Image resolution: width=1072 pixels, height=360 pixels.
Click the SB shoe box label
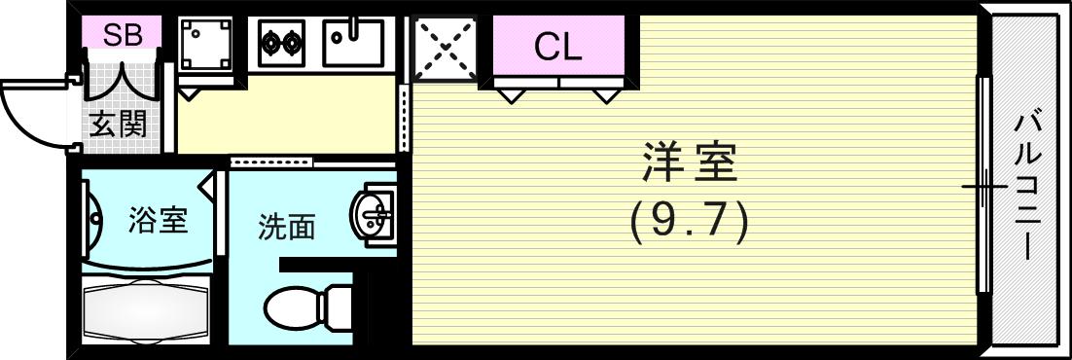click(x=123, y=36)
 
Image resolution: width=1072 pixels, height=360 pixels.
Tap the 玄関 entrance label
click(x=119, y=125)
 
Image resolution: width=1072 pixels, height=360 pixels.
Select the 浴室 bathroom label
click(x=158, y=221)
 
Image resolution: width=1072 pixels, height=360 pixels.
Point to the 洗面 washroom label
click(x=287, y=228)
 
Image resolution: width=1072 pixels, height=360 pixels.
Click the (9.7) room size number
click(x=690, y=223)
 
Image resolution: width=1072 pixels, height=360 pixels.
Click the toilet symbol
click(x=306, y=307)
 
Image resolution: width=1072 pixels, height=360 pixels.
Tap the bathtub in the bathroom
click(x=146, y=310)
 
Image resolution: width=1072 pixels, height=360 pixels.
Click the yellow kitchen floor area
click(x=287, y=117)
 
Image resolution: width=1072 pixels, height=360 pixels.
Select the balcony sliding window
click(x=984, y=185)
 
